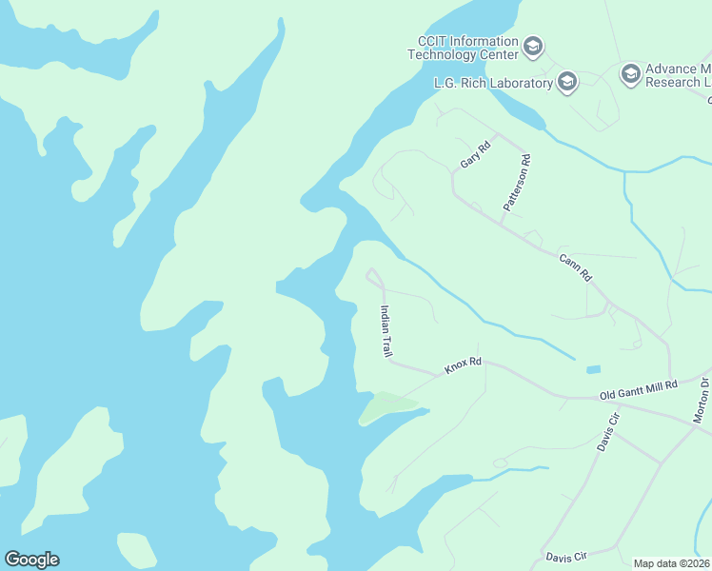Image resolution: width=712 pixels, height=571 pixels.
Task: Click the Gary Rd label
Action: [474, 153]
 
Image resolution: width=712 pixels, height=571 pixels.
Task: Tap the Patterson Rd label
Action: [516, 184]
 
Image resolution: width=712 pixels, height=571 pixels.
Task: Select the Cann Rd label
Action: [576, 266]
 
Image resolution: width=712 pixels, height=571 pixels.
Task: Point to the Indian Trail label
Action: [386, 330]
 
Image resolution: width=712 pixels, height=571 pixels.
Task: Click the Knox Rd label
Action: [464, 365]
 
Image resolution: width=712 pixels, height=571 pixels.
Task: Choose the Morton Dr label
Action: [702, 401]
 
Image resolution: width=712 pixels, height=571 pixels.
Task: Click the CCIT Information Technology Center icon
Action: [533, 47]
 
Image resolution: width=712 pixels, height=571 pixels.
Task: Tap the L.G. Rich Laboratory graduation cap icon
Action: [567, 82]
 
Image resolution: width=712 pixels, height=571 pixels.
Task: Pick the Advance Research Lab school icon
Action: [630, 74]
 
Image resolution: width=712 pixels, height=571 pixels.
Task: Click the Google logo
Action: [31, 559]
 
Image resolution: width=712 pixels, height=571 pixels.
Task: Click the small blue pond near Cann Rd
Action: [593, 369]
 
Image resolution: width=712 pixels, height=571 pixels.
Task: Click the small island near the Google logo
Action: [136, 549]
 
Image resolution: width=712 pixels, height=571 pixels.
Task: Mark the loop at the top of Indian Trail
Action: [374, 277]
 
